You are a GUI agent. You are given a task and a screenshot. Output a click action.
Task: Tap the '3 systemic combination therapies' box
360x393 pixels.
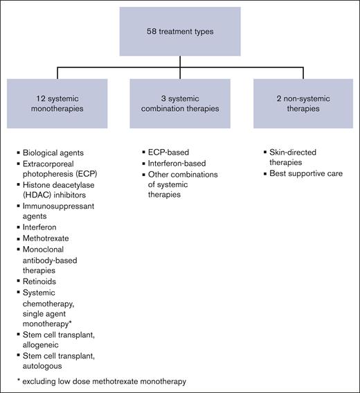tap(180, 103)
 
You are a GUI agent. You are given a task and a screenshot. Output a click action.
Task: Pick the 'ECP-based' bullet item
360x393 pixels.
tap(165, 151)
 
